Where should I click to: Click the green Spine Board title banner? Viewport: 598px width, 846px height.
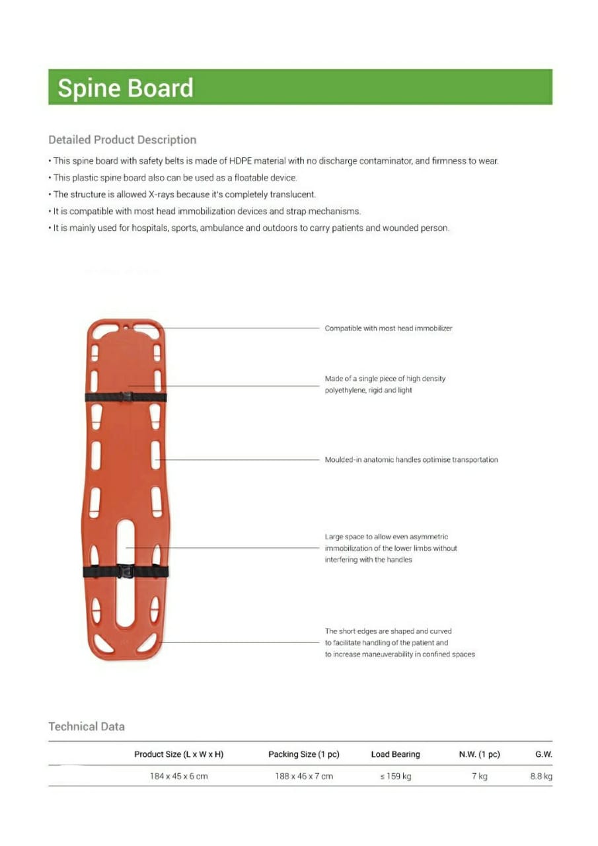click(x=300, y=87)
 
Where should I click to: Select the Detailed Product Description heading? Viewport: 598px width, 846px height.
click(x=122, y=140)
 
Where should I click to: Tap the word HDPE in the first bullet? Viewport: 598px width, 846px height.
click(x=242, y=161)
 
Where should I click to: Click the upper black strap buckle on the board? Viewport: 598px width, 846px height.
click(x=126, y=397)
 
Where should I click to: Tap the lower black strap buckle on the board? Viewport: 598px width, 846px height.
click(x=126, y=571)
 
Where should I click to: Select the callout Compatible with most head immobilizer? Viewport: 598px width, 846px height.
click(x=389, y=328)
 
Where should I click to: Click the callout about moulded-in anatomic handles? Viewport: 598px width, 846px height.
click(x=411, y=460)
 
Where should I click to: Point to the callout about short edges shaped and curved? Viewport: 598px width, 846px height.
click(x=399, y=643)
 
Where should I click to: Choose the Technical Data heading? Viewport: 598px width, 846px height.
click(x=87, y=726)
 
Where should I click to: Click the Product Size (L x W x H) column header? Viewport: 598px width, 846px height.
click(x=178, y=754)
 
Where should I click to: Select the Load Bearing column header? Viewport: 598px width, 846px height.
click(x=395, y=754)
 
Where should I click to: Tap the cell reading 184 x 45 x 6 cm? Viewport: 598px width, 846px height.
click(x=178, y=776)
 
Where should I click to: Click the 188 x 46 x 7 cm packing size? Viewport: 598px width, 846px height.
click(x=304, y=776)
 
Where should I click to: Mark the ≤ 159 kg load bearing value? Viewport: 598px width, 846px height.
click(x=395, y=776)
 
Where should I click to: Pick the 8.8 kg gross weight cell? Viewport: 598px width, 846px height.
click(x=541, y=776)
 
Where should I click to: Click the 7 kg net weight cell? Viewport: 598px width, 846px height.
click(x=479, y=776)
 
